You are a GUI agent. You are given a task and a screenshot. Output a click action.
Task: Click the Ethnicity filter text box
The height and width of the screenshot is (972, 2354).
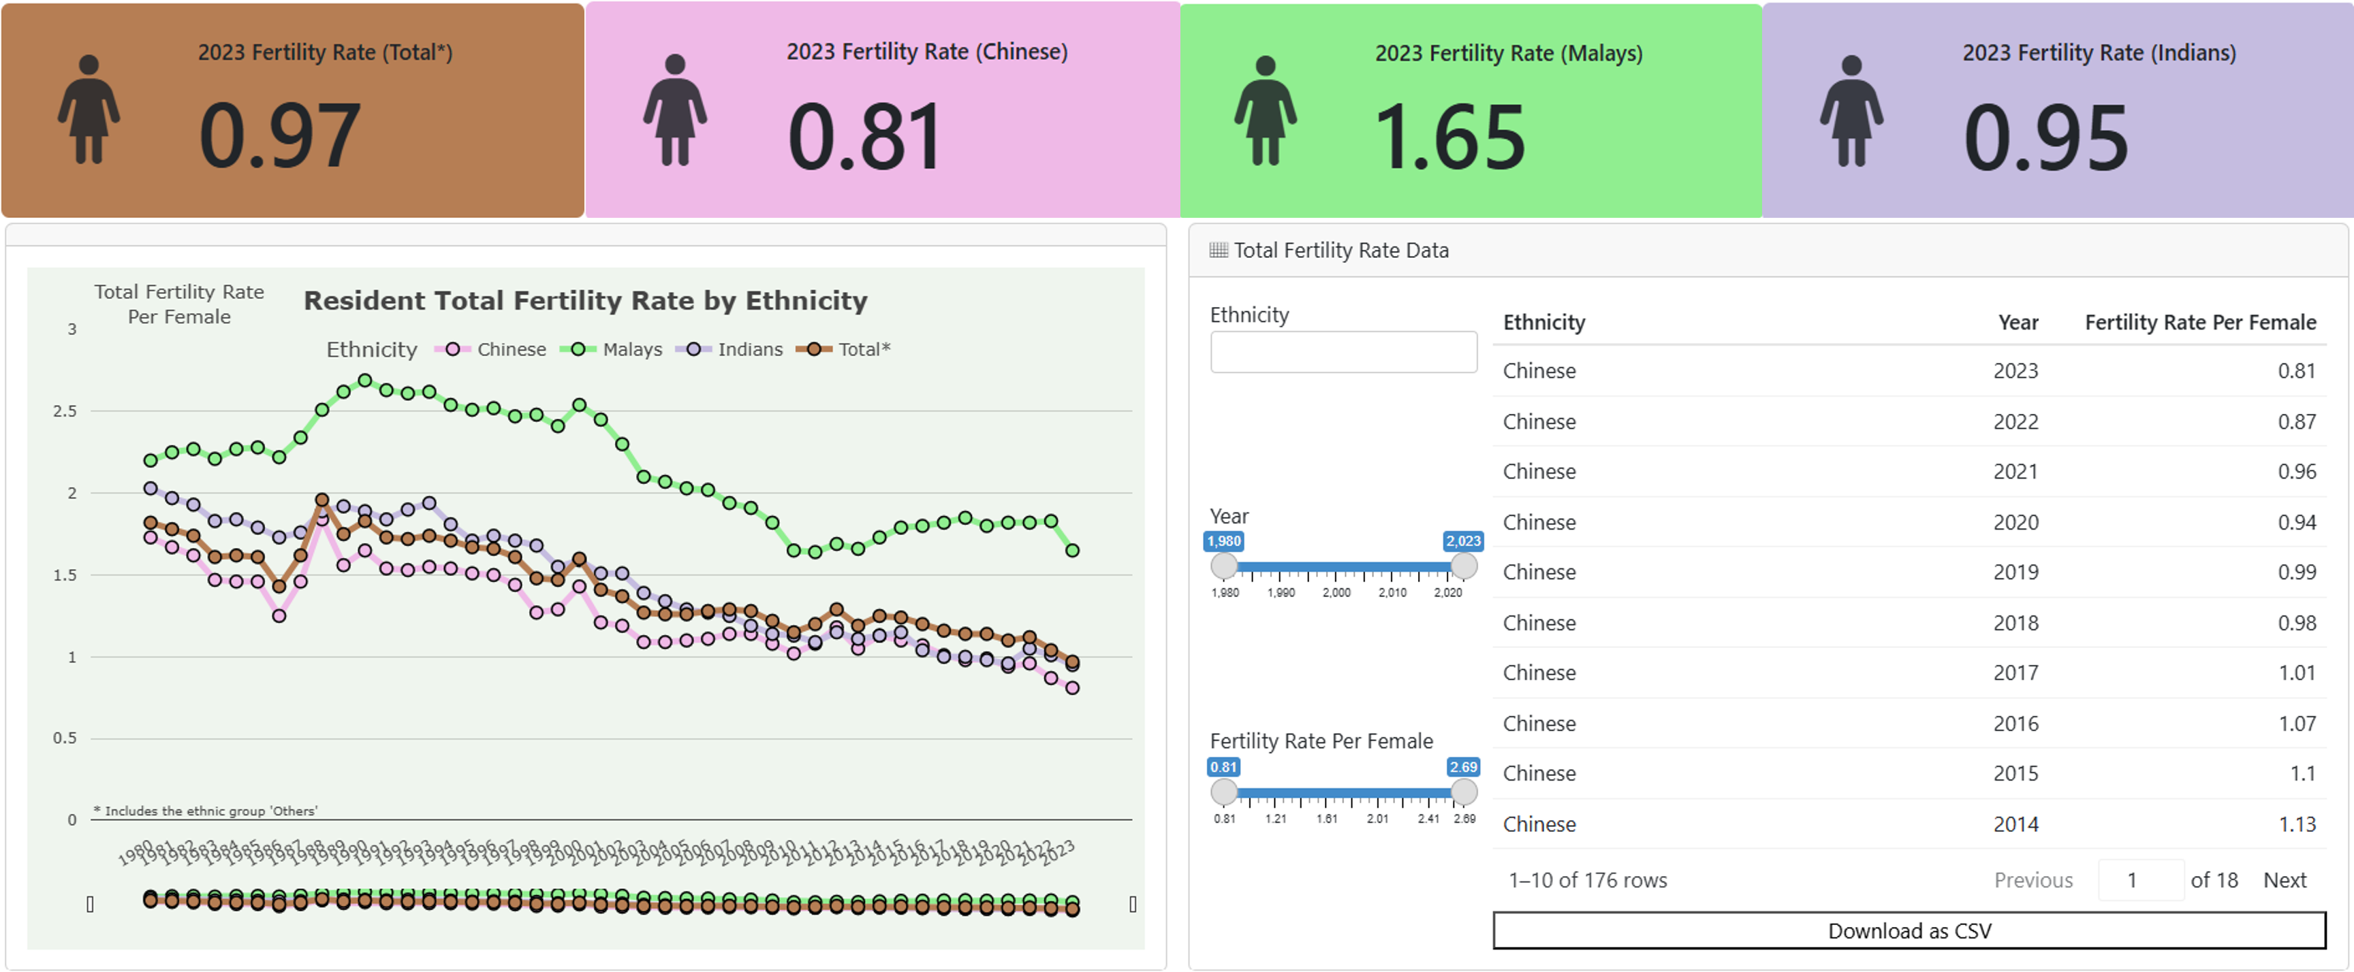tap(1343, 352)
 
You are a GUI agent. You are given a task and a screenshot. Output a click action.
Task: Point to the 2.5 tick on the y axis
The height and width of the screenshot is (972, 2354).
tap(65, 411)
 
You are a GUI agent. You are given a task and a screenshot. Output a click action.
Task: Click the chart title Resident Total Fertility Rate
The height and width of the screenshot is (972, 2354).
tap(585, 301)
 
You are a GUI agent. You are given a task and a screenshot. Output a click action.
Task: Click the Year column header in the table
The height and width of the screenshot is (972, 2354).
tap(2017, 323)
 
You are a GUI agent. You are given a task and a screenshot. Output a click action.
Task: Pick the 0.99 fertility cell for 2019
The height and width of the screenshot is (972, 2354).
tap(2295, 572)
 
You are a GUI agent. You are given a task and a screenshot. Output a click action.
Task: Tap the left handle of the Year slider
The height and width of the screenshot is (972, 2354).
tap(1223, 566)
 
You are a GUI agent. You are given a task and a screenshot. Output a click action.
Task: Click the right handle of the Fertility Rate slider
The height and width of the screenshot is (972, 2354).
tap(1463, 791)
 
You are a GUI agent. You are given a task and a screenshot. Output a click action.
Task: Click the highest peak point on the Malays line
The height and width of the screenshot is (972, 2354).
tap(364, 380)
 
